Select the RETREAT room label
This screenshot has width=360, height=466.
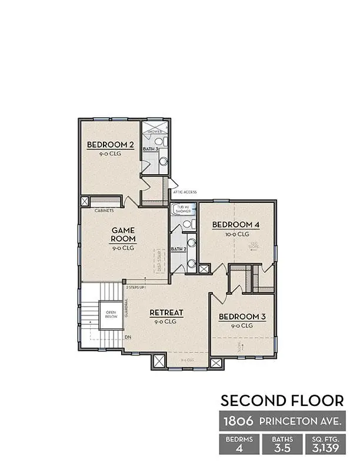(x=168, y=312)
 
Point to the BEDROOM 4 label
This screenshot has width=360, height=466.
(x=236, y=224)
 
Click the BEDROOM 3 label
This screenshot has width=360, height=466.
(x=243, y=317)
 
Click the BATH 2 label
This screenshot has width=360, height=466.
(x=178, y=249)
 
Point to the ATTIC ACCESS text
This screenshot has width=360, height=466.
(x=185, y=192)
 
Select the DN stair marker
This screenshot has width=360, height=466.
(x=128, y=337)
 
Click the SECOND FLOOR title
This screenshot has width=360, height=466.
(x=282, y=401)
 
